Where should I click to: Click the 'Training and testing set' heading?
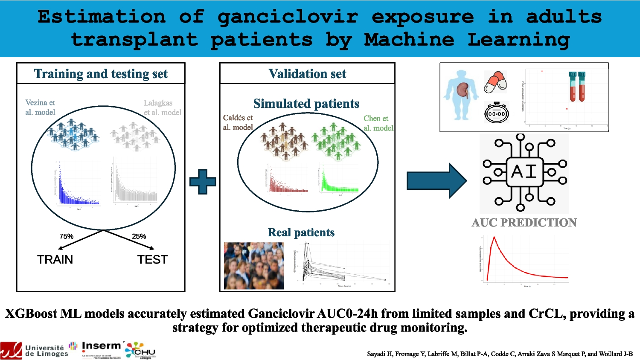tap(101, 74)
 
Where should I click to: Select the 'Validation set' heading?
tap(307, 74)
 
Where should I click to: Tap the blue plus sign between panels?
tap(203, 182)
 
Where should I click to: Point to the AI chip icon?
tap(524, 172)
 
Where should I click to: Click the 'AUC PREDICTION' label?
tap(524, 223)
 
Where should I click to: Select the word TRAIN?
tap(55, 259)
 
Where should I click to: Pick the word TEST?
tap(152, 259)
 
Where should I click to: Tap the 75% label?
tap(67, 236)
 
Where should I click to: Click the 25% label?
tap(139, 236)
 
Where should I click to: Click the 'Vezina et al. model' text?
tap(40, 107)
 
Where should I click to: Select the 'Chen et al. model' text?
tap(378, 123)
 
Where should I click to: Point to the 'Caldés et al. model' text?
tap(238, 122)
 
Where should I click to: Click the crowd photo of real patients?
tap(253, 266)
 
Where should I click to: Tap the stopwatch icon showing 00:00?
tap(497, 113)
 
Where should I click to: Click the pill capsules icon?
tap(495, 82)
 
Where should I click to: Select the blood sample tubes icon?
tap(577, 87)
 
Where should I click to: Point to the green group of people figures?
tap(337, 141)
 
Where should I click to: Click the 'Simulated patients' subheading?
tap(306, 104)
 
